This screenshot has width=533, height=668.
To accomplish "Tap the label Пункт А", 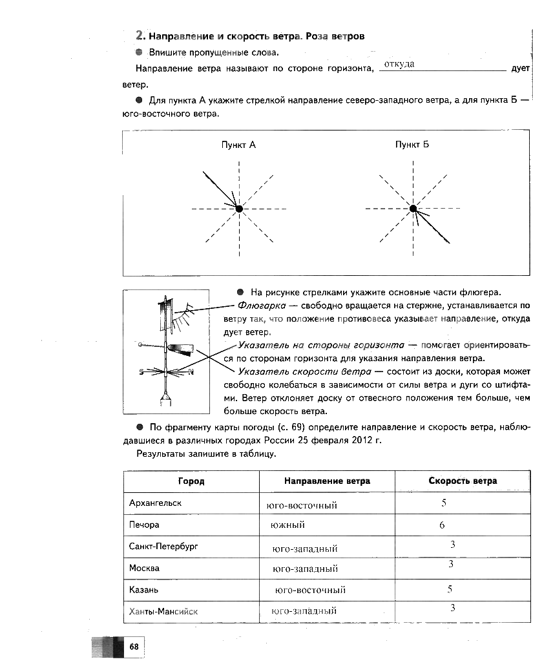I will [239, 145].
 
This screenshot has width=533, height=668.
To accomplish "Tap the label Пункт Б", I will [412, 145].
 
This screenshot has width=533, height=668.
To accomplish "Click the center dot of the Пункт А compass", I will [239, 209].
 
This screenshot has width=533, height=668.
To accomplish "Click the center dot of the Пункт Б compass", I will [413, 208].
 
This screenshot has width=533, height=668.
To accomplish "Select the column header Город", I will [191, 481].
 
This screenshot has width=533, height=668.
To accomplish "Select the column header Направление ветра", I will [327, 481].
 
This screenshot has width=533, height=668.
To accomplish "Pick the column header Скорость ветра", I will [463, 481].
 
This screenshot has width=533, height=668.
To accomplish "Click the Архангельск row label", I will [155, 503].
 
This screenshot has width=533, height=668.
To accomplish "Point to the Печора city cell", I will [144, 525].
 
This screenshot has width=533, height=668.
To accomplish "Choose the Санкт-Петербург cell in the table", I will [163, 547].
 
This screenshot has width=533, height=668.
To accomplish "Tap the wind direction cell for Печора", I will [287, 525].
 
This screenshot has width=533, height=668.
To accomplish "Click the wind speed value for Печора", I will [442, 525].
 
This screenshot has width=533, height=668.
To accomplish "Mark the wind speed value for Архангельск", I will [444, 503].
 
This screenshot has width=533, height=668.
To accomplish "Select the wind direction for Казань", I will [310, 590].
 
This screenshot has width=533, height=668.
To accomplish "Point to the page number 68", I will [134, 647].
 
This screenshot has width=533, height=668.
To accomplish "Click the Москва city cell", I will [144, 569].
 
